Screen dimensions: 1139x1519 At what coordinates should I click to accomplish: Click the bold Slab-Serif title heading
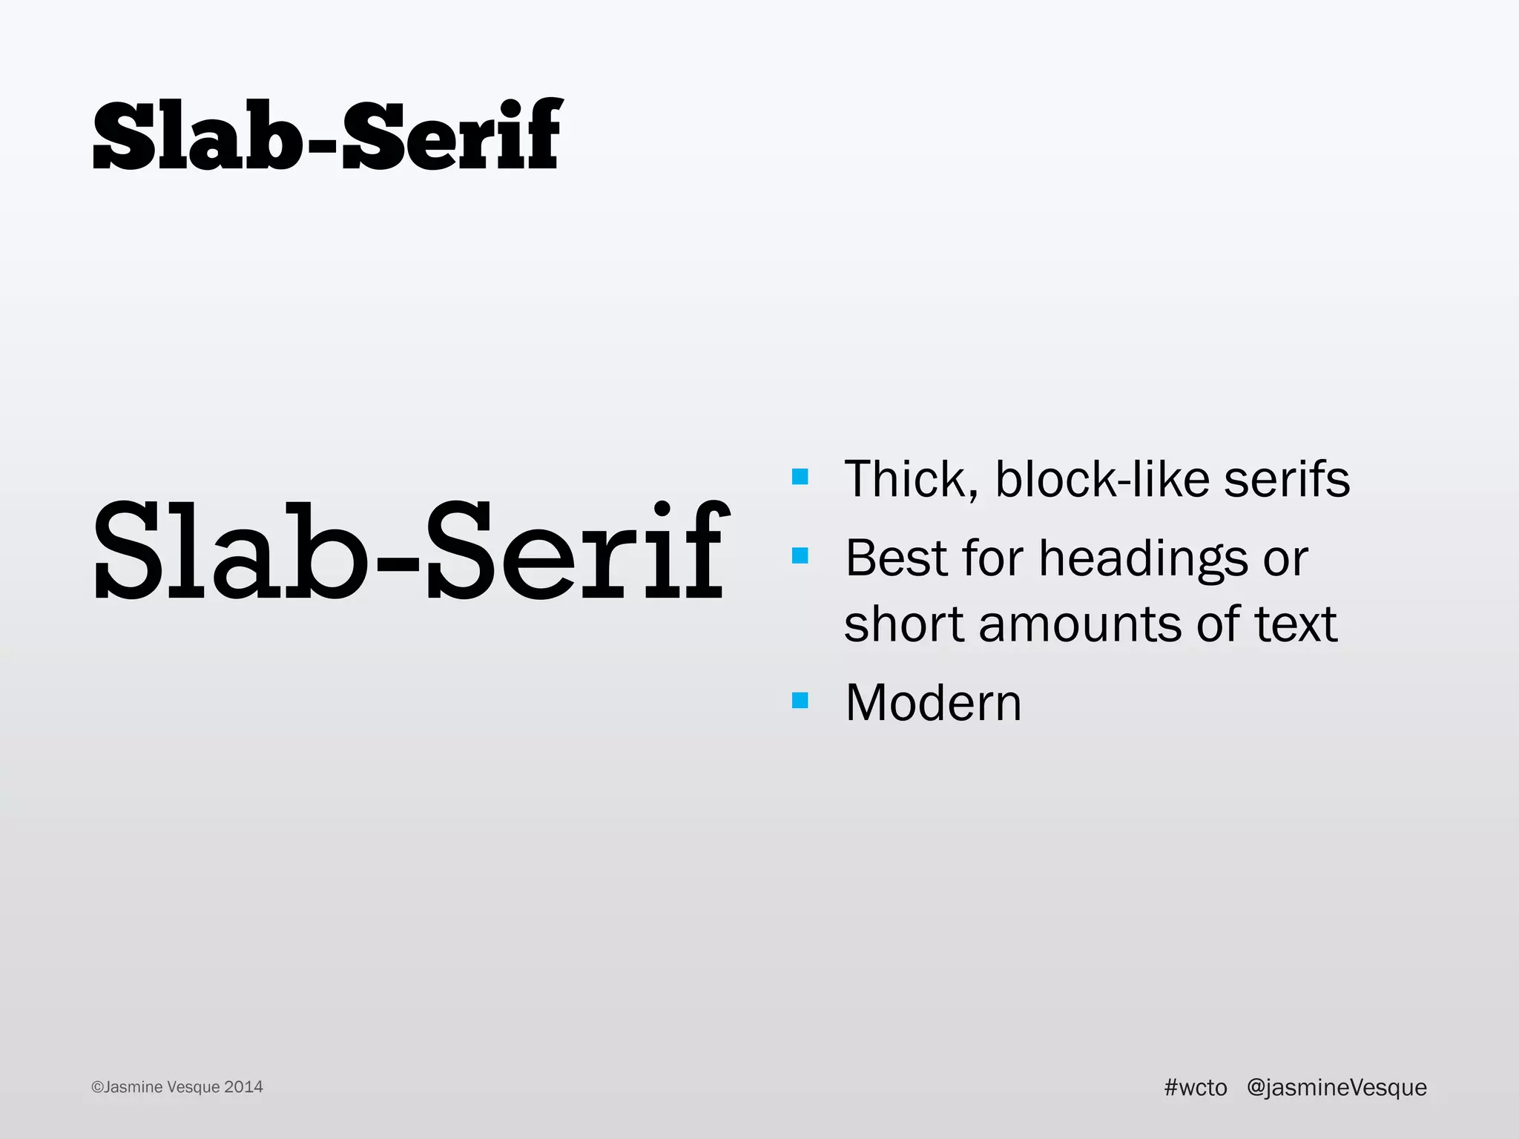327,135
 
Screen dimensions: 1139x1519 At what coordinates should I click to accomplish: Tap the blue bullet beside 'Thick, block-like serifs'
800,476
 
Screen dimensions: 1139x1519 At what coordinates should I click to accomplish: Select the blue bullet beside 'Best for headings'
800,555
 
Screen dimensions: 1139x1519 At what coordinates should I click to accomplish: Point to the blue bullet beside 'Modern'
800,700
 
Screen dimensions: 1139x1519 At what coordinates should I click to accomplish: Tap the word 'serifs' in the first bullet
1287,480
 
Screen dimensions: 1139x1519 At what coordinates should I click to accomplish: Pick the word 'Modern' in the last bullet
933,702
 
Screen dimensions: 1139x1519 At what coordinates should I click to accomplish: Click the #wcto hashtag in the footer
1196,1087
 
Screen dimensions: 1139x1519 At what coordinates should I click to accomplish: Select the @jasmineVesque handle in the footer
1337,1088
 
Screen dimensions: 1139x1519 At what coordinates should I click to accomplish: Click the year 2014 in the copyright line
243,1087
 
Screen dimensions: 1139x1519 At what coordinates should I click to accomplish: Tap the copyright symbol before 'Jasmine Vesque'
97,1088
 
